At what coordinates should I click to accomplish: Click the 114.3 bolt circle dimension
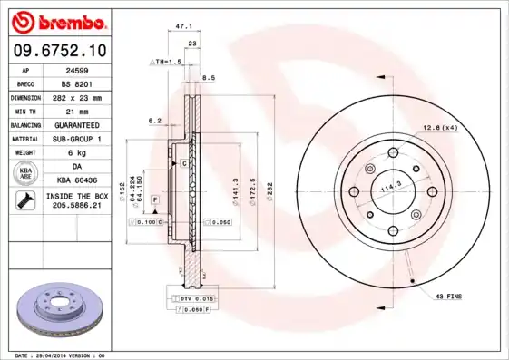[x=390, y=188]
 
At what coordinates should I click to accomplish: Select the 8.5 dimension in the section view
[x=209, y=78]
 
